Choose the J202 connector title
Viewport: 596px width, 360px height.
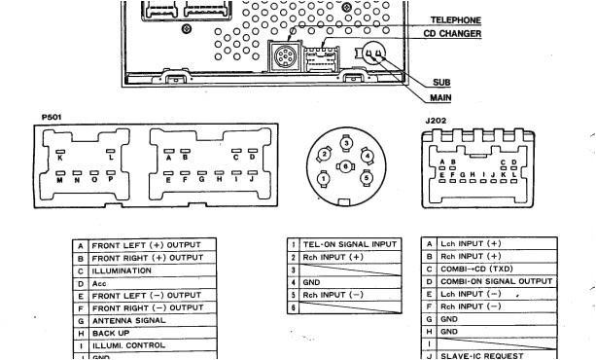click(437, 122)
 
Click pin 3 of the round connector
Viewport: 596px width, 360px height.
click(346, 143)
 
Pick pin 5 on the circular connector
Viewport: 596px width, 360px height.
click(367, 179)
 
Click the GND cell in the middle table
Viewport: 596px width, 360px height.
click(312, 281)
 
